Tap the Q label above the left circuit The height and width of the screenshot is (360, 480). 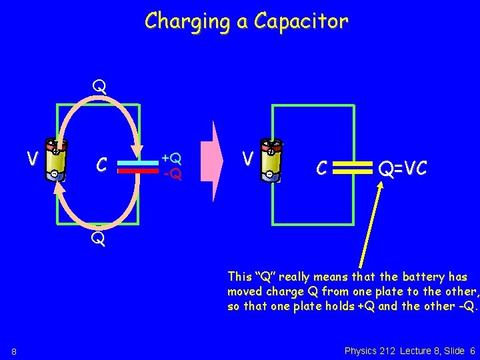tap(99, 87)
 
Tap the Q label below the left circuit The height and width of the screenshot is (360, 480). tap(99, 239)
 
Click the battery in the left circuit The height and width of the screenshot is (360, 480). tap(56, 159)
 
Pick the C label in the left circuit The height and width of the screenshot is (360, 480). tap(101, 164)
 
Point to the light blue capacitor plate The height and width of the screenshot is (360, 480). tap(137, 161)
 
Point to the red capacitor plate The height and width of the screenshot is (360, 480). tap(137, 170)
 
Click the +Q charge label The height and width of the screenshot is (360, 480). tap(172, 159)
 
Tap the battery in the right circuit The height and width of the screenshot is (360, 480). tap(271, 160)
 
